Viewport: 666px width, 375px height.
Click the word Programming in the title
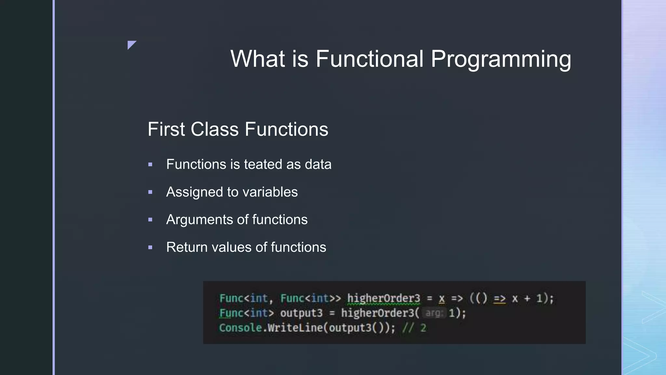[x=500, y=59]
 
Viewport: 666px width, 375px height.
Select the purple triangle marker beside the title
[x=131, y=44]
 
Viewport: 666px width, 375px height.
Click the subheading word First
[x=166, y=129]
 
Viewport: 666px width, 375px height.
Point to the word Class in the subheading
[x=215, y=129]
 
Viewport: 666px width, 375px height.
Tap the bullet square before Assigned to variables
[x=150, y=192]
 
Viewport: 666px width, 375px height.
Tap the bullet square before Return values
[x=150, y=247]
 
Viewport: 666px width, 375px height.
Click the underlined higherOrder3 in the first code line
[x=383, y=299]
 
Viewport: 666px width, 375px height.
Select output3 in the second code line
[x=301, y=313]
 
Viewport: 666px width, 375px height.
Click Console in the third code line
[x=240, y=328]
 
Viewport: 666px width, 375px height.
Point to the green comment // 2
[x=414, y=328]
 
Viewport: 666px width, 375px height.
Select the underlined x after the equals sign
[x=441, y=299]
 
